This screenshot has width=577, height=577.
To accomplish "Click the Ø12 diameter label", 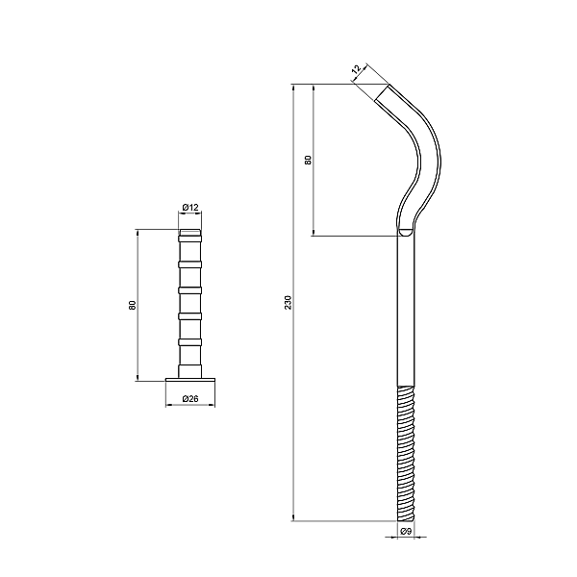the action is pyautogui.click(x=190, y=208).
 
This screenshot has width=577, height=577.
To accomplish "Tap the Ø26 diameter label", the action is pyautogui.click(x=190, y=398).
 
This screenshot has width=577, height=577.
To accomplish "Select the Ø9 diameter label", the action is pyautogui.click(x=406, y=531).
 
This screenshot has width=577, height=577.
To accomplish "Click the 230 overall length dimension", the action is pyautogui.click(x=288, y=303).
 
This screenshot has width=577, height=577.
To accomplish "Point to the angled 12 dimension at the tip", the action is pyautogui.click(x=357, y=69).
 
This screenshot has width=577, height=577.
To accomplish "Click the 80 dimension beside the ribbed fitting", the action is pyautogui.click(x=133, y=305).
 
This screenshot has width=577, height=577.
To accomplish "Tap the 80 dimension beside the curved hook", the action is pyautogui.click(x=308, y=160).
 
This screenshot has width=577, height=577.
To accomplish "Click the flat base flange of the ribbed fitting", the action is pyautogui.click(x=190, y=380).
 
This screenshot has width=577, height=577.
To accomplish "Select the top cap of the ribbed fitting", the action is pyautogui.click(x=190, y=232).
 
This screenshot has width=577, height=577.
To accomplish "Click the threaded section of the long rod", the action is pyautogui.click(x=406, y=453).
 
